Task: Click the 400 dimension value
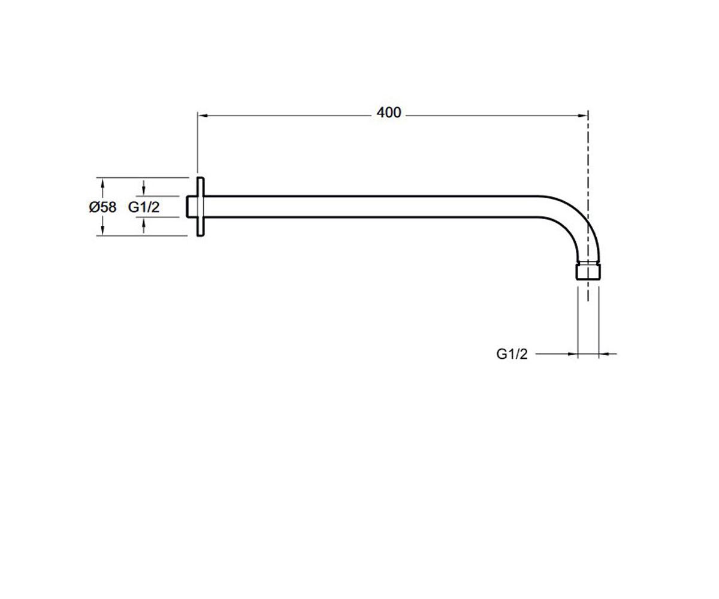(389, 113)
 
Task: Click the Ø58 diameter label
(102, 207)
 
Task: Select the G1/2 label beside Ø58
(144, 207)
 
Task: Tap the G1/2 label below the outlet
(512, 354)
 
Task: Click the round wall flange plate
(200, 207)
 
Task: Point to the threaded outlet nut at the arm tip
(588, 271)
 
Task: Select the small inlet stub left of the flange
(192, 207)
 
